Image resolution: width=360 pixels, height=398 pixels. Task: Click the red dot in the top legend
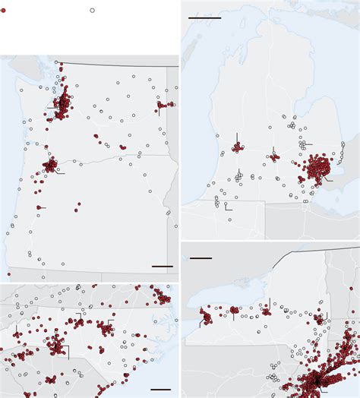coord(4,11)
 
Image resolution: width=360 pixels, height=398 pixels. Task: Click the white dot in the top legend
coord(93,11)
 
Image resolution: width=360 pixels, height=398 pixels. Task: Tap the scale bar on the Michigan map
coord(204,17)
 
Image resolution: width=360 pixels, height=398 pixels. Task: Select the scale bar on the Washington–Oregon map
coord(163,267)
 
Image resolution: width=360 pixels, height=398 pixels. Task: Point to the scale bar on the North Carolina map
coord(161,388)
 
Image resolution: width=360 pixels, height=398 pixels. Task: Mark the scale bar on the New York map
coord(201,258)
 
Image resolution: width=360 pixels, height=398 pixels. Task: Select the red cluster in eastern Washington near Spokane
coord(164,105)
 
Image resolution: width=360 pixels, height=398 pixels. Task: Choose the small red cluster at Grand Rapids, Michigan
coord(237,147)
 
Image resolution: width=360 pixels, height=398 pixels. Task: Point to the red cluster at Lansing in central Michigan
coord(273,158)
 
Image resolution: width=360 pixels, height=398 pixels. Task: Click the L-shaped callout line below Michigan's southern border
coord(228,206)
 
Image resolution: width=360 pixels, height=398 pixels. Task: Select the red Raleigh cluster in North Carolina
coord(104,328)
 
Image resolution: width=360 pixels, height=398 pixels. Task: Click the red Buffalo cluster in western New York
coord(206,315)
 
